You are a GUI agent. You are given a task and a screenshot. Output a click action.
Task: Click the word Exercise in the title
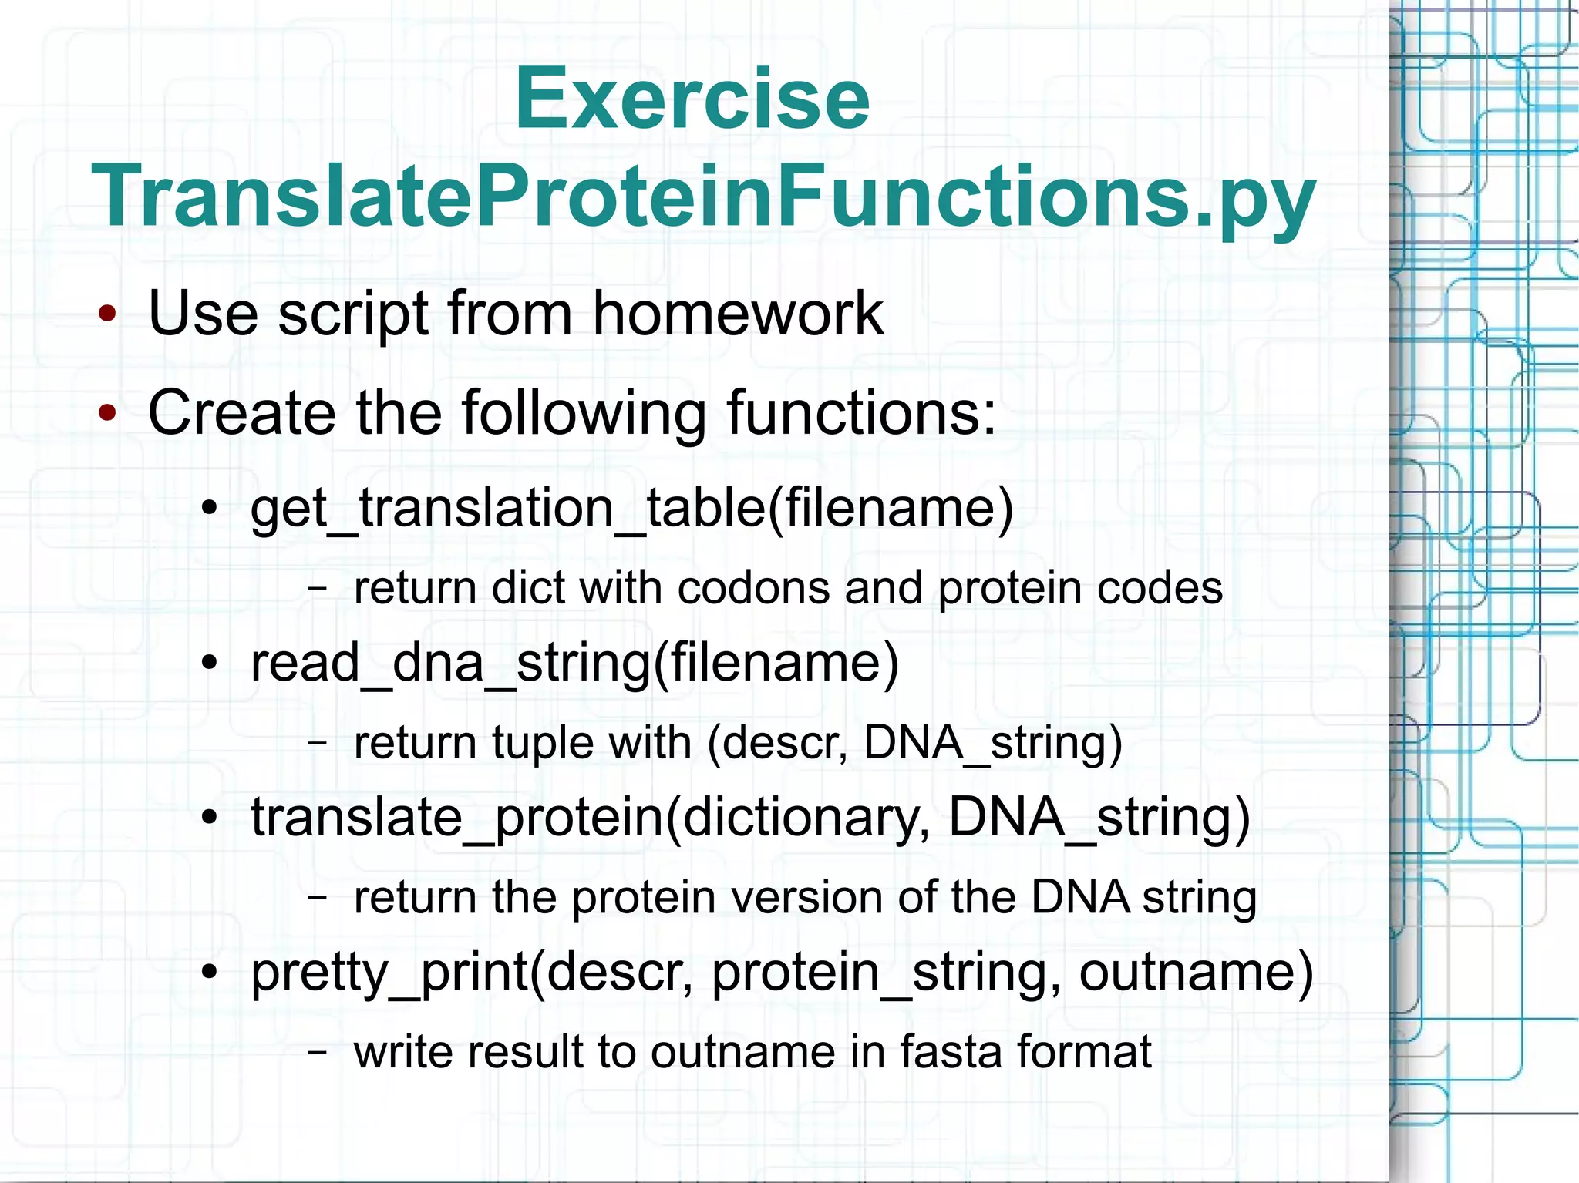692,100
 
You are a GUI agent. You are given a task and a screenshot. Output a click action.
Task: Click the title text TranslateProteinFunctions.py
702,197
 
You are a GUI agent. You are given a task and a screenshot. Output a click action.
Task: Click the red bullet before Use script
107,314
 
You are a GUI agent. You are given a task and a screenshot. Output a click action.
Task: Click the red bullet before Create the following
107,413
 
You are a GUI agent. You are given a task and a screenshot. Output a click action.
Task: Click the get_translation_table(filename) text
631,509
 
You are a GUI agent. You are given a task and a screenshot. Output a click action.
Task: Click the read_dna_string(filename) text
574,664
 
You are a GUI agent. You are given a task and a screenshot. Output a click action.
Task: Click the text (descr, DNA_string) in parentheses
914,744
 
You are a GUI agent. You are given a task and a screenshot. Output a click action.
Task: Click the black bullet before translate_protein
210,818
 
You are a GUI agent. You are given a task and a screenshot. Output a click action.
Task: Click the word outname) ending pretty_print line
1196,973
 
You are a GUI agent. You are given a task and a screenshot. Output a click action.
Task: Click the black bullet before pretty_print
210,973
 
